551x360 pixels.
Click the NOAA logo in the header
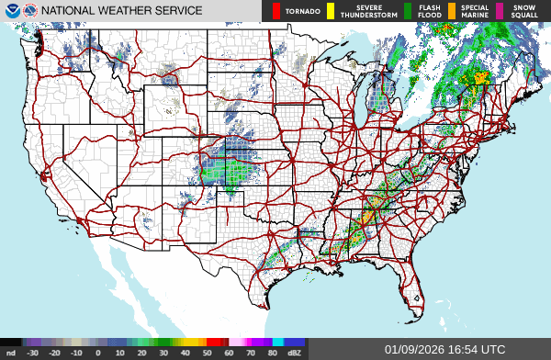(9, 10)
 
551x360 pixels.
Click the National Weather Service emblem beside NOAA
(28, 10)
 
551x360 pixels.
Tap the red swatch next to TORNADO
(275, 11)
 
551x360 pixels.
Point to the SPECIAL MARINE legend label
(475, 11)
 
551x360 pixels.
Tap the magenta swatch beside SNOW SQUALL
(500, 11)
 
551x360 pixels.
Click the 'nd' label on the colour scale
(10, 352)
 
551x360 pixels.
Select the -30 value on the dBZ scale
(32, 352)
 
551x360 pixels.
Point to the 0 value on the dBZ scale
(97, 352)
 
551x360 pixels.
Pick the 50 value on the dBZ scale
(207, 352)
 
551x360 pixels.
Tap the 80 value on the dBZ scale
(272, 352)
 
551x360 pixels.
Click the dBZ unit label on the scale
(294, 352)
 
